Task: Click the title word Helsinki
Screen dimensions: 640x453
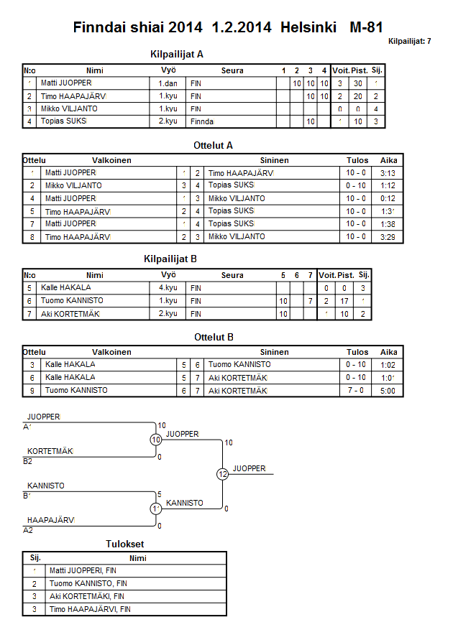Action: coord(310,27)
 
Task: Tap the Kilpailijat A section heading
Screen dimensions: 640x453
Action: coord(177,54)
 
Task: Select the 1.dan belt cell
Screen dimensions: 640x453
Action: coord(169,83)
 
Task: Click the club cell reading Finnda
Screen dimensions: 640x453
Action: coord(203,122)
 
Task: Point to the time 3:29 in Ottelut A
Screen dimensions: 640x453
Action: coord(388,237)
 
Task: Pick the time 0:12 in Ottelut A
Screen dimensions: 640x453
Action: coord(388,198)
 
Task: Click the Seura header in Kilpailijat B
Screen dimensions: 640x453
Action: coord(232,275)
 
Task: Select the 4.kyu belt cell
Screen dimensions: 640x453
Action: coord(169,288)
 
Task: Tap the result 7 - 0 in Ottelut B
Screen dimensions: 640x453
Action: coord(357,391)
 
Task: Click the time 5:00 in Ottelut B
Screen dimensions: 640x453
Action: coord(388,391)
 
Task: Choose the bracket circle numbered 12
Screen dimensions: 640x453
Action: coord(222,474)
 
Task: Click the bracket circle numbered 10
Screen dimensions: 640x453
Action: coord(156,440)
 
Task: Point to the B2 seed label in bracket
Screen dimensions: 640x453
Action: coord(28,461)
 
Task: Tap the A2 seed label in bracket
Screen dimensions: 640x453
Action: coord(28,530)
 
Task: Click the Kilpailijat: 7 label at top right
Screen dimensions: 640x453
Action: coord(409,42)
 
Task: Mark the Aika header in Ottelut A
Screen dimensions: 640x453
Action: coord(388,160)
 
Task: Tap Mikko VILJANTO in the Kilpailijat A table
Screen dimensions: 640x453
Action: coord(69,109)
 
